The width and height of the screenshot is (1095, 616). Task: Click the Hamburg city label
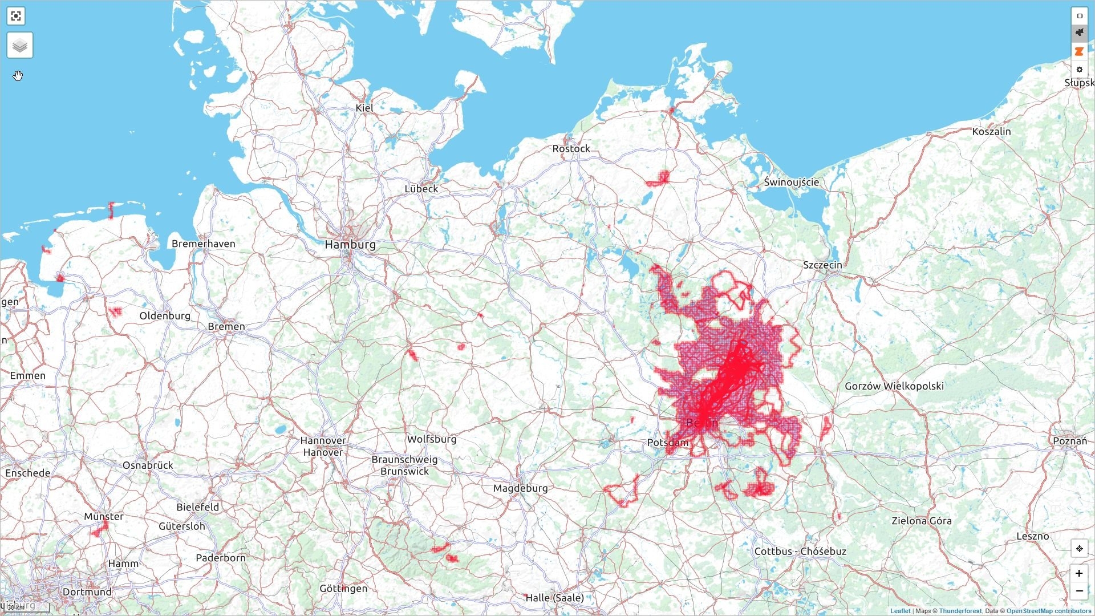tap(350, 245)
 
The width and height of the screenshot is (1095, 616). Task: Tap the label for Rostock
tap(571, 149)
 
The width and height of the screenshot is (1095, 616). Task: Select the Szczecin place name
tap(822, 265)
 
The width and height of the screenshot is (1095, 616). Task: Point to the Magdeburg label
tap(520, 488)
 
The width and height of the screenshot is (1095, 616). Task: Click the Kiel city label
tap(364, 108)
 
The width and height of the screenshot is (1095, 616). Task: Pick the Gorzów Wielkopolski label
tap(894, 386)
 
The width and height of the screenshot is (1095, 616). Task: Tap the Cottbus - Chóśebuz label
tap(800, 552)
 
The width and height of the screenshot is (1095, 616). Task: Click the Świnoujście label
tap(791, 183)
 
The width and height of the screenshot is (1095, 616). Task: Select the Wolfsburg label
tap(431, 439)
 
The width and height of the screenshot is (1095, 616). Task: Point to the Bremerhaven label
tap(203, 244)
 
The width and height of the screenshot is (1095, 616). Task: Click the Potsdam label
tap(667, 443)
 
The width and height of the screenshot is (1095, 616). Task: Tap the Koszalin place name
tap(991, 132)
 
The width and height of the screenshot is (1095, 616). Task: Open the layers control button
tap(20, 45)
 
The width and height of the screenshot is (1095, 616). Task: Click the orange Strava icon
tap(1079, 51)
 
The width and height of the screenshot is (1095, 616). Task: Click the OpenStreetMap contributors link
tap(1048, 611)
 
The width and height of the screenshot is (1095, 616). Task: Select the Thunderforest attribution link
tap(960, 611)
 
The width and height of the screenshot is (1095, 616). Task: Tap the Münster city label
tap(103, 517)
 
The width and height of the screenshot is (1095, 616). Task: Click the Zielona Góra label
tap(921, 521)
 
